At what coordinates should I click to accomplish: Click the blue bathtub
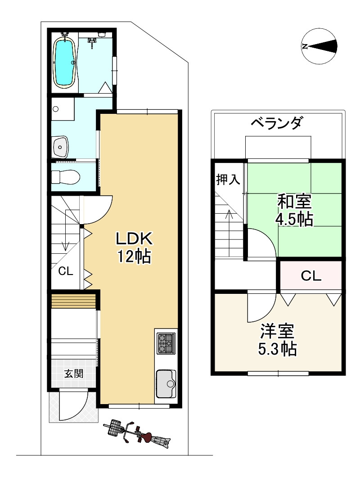(64, 63)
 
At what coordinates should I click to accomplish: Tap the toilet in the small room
(65, 177)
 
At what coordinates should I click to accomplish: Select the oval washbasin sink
(61, 147)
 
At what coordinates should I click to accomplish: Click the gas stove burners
(166, 343)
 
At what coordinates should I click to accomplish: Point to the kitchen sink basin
(166, 384)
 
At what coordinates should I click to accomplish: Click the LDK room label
(134, 239)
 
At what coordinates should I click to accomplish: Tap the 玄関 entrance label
(74, 373)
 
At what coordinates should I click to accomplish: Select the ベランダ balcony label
(277, 123)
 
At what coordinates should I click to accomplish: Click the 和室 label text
(294, 202)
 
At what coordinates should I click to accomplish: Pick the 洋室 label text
(277, 331)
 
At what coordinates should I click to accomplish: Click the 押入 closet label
(228, 179)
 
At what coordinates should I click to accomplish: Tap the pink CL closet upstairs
(310, 275)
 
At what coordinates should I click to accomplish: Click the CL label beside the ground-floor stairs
(66, 271)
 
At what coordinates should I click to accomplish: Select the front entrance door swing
(74, 405)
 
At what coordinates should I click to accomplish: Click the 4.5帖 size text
(294, 219)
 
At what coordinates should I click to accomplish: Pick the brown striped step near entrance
(74, 301)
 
